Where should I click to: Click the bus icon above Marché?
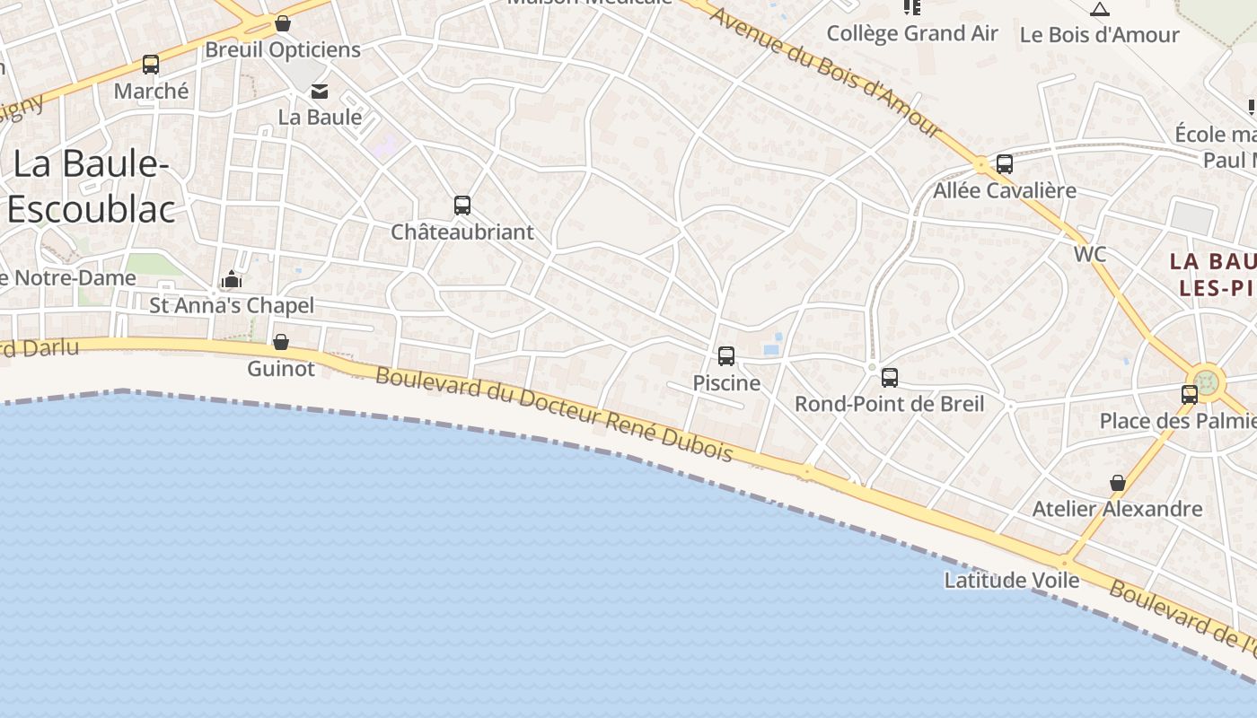(151, 65)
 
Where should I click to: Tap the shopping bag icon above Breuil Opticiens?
(283, 23)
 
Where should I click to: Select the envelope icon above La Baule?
(320, 92)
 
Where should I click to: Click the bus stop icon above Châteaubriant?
(462, 206)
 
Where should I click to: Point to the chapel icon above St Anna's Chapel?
(232, 279)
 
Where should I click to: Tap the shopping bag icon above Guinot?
(281, 342)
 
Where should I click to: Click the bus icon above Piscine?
(726, 356)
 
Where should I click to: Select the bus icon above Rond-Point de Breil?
(890, 378)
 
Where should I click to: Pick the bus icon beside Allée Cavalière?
(1005, 164)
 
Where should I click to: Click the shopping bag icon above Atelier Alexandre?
(1118, 484)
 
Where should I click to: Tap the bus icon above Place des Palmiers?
(1190, 394)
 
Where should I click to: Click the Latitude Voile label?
(1012, 581)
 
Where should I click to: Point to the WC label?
(1090, 254)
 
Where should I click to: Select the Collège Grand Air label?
(912, 34)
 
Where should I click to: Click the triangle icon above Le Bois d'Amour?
(1100, 10)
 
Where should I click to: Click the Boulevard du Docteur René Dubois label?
(554, 415)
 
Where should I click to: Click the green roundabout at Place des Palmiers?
(1207, 381)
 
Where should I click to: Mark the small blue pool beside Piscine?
(771, 348)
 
